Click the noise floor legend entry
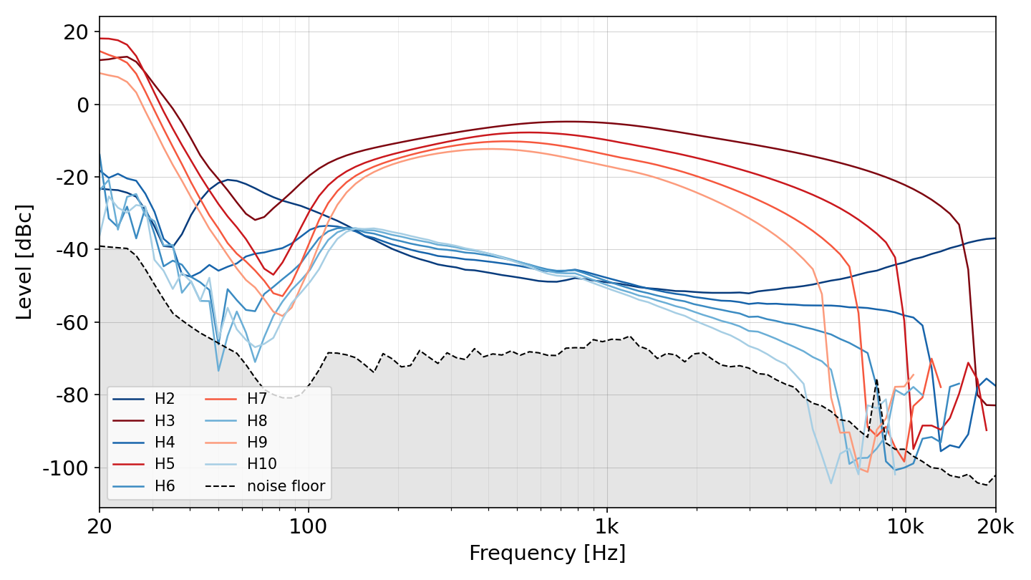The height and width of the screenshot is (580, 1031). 266,485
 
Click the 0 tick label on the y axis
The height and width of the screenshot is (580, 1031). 83,105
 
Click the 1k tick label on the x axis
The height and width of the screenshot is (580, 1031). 607,526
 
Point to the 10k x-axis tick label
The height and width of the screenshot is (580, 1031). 905,526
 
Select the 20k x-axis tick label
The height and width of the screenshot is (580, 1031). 995,526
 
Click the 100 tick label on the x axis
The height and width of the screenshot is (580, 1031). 308,526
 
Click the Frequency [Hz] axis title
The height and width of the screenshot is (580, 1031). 547,553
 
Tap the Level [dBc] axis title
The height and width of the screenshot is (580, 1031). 24,262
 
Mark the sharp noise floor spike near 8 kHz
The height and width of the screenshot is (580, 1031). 876,380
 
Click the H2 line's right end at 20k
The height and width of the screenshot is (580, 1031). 995,238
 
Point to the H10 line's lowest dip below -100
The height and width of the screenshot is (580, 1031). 831,483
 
